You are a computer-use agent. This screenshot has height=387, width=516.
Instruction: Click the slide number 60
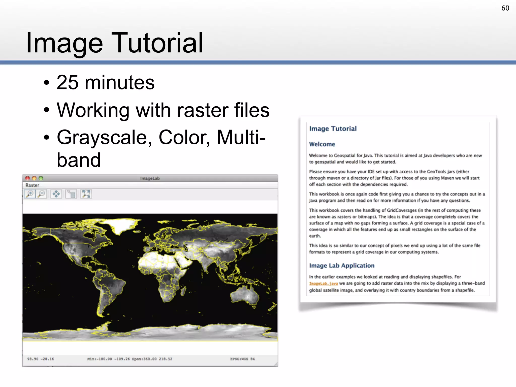pos(505,8)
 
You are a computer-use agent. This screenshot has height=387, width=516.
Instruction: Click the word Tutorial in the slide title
pos(157,43)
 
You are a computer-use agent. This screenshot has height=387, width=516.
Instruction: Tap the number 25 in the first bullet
pos(67,83)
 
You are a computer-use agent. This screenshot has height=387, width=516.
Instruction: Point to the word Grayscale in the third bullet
pos(105,138)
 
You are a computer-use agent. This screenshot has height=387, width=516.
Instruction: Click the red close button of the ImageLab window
pos(27,178)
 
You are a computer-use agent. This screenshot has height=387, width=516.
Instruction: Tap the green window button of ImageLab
pos(41,178)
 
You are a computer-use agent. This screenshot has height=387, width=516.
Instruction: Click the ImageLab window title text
pos(150,178)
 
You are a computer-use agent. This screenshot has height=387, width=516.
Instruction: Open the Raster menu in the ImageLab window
pos(32,185)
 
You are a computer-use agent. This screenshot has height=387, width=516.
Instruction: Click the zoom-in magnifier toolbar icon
pos(30,194)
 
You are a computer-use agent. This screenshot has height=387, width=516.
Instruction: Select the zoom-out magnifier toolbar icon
pos(41,194)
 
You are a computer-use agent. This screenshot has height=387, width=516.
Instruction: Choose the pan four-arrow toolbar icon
pos(56,194)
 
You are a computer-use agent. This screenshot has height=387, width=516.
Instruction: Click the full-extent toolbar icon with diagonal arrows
pos(86,194)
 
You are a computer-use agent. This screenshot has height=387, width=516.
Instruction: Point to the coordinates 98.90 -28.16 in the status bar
pos(40,359)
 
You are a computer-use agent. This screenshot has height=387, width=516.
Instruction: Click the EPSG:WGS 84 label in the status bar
pos(242,359)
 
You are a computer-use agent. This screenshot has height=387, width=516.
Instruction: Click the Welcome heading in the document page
pos(322,144)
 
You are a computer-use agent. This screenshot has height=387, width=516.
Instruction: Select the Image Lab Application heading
pos(342,266)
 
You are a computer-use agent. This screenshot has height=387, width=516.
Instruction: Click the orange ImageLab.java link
pos(323,283)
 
